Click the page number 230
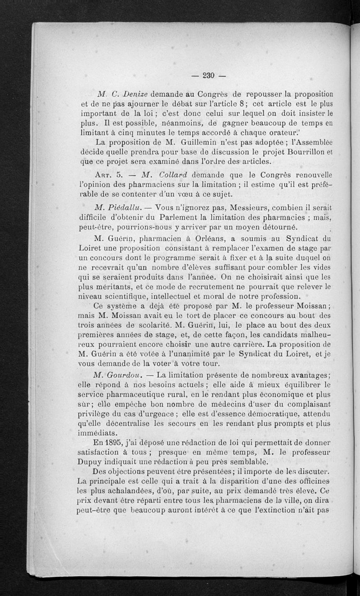pos(207,75)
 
